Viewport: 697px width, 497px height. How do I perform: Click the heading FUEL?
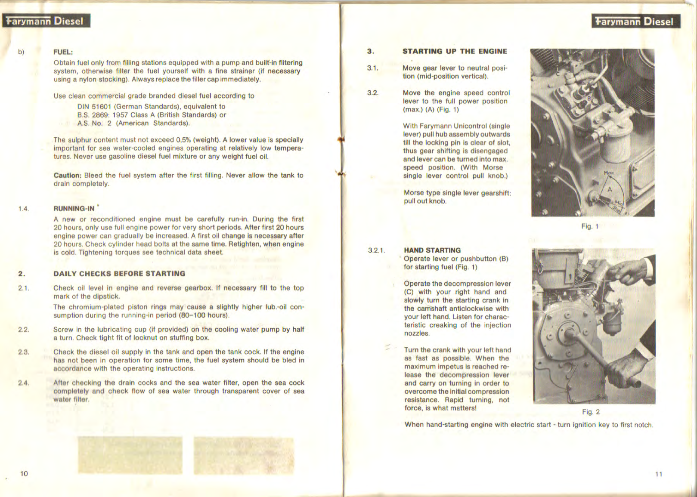pyautogui.click(x=63, y=52)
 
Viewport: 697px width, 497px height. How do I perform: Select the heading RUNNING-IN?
pyautogui.click(x=74, y=209)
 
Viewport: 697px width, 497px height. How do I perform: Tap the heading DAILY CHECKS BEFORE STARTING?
pyautogui.click(x=119, y=274)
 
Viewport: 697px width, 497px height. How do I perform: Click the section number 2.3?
pyautogui.click(x=24, y=352)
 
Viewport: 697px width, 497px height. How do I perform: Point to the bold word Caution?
pyautogui.click(x=67, y=176)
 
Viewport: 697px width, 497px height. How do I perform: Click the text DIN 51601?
pyautogui.click(x=94, y=106)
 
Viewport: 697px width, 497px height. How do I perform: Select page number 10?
pyautogui.click(x=24, y=474)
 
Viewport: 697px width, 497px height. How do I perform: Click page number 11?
pyautogui.click(x=659, y=474)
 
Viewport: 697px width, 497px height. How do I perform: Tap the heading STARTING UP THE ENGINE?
pyautogui.click(x=455, y=51)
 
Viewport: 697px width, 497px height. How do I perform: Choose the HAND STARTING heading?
pyautogui.click(x=432, y=250)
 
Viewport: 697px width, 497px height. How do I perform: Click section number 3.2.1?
pyautogui.click(x=376, y=250)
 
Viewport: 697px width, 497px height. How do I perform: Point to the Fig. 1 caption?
pyautogui.click(x=590, y=226)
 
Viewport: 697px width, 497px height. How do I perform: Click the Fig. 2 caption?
pyautogui.click(x=591, y=412)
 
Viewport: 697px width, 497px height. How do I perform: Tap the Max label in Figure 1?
pyautogui.click(x=609, y=173)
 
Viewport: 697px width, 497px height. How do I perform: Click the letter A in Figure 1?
pyautogui.click(x=610, y=189)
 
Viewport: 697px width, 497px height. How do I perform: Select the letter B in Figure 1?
pyautogui.click(x=589, y=99)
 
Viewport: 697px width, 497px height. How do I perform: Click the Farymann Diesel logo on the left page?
pyautogui.click(x=46, y=21)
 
